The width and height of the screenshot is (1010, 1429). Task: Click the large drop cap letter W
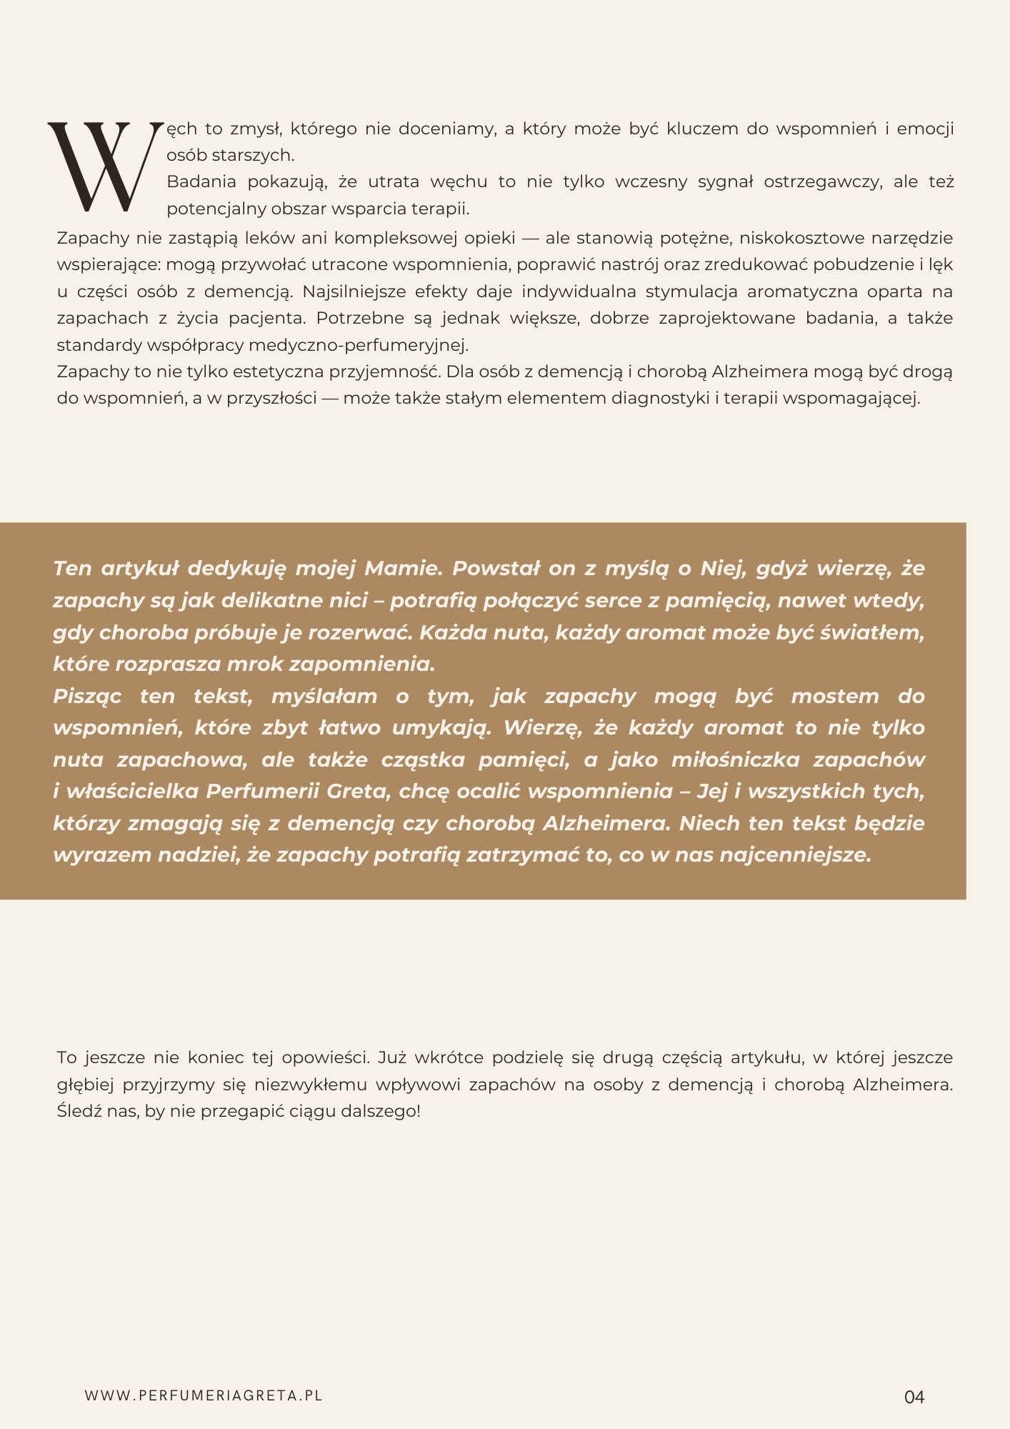pyautogui.click(x=100, y=168)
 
